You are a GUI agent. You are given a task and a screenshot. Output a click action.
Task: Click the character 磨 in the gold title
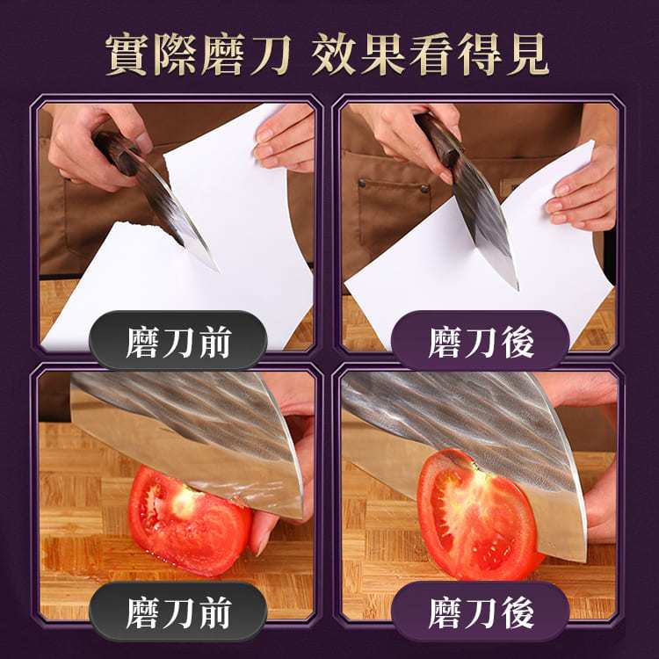(223, 54)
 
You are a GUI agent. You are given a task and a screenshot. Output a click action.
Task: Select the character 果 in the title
(383, 54)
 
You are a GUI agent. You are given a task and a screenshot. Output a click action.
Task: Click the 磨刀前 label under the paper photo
(178, 341)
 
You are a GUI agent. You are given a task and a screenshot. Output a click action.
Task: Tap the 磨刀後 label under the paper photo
(480, 341)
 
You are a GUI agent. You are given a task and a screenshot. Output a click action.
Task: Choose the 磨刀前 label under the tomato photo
(178, 612)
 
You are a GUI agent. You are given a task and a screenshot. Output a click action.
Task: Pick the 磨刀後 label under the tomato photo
(480, 612)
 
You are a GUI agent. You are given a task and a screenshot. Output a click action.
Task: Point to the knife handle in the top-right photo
(439, 140)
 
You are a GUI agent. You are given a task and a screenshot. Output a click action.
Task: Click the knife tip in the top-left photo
(218, 272)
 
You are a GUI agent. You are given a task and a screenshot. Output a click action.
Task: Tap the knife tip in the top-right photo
(517, 288)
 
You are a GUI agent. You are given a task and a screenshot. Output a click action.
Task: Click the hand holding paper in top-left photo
(285, 139)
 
